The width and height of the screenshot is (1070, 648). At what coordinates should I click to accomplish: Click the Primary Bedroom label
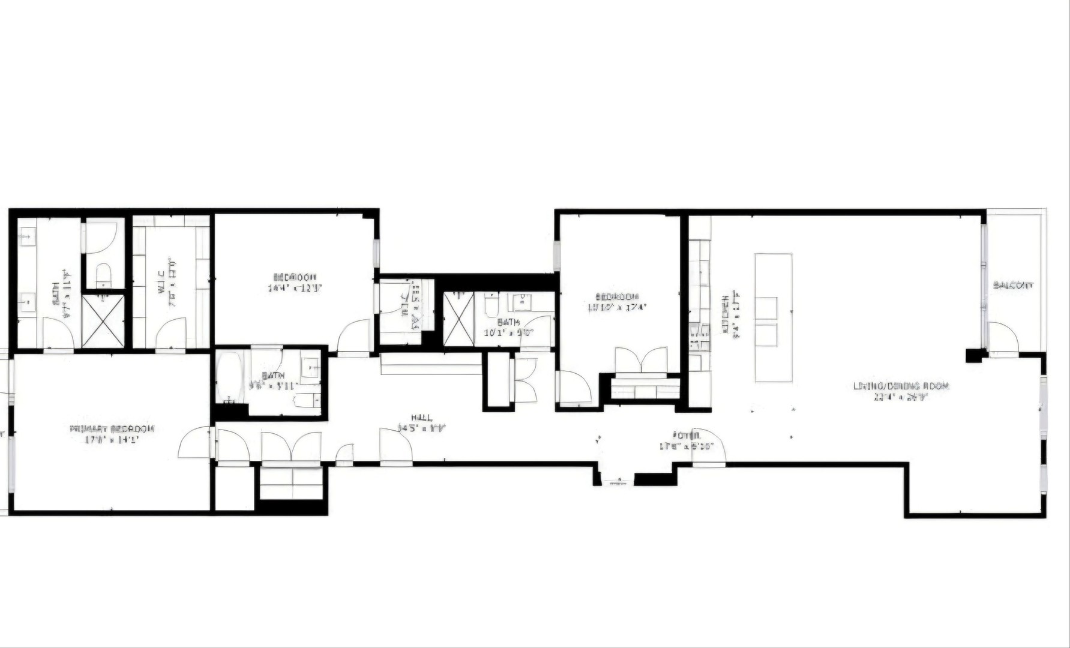112,429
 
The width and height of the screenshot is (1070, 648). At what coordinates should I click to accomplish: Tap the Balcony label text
1013,286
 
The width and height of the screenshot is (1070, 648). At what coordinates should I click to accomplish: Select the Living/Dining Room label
901,386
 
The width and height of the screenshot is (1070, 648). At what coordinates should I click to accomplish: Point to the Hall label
421,418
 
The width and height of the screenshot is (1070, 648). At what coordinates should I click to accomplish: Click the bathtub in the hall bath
229,378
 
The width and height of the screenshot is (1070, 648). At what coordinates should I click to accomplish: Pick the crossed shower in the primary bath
103,321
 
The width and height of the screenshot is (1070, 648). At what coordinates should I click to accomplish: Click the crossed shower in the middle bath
458,319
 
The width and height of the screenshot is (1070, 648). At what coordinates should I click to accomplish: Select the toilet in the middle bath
491,304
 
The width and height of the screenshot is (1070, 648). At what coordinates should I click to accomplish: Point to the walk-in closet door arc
171,333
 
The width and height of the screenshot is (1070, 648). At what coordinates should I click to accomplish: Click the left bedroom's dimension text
295,288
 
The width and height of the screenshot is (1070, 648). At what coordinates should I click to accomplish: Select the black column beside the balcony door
973,355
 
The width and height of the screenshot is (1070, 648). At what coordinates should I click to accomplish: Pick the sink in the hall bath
310,367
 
